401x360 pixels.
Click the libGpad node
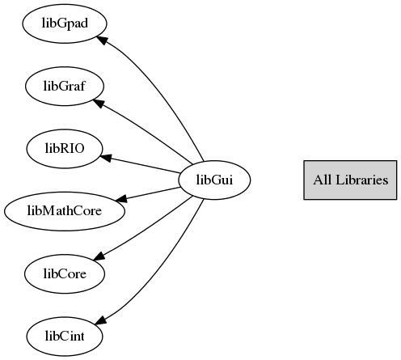(65, 23)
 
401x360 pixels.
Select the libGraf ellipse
(65, 87)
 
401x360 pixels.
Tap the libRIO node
(65, 149)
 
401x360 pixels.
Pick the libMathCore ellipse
(65, 211)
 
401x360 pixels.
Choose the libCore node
(65, 273)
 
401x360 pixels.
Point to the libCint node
(65, 337)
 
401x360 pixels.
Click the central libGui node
(214, 180)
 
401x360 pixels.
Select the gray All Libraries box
(350, 180)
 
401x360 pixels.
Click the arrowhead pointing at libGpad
(102, 40)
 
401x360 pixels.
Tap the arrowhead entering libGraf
(99, 103)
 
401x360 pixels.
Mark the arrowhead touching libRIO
(106, 158)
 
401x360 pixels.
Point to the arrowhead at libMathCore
(121, 199)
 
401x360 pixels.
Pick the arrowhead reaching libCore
(99, 256)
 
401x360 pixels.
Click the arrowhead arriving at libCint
(101, 320)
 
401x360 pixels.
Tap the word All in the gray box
(323, 180)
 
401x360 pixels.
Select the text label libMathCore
(65, 211)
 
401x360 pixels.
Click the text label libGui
(214, 180)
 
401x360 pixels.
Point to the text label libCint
(65, 337)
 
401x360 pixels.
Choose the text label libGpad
(65, 23)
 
